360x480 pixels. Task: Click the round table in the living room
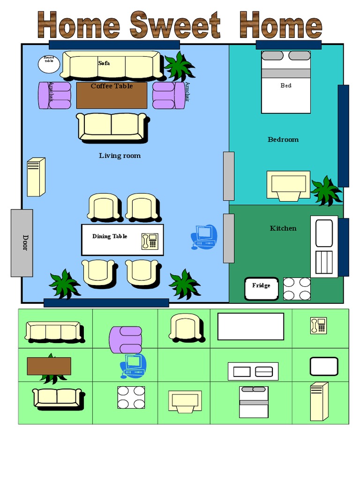[x=49, y=64]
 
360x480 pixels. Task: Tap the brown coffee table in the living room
[x=112, y=95]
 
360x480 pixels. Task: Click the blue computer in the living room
[x=204, y=237]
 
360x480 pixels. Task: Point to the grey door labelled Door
[x=22, y=243]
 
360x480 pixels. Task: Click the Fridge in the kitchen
[x=262, y=289]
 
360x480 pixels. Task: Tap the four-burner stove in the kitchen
[x=297, y=289]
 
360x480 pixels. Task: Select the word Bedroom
[x=283, y=140]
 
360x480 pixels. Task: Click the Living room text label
[x=120, y=156]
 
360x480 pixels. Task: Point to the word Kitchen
[x=283, y=228]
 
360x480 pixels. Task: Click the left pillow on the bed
[x=272, y=55]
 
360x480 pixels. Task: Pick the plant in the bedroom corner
[x=326, y=190]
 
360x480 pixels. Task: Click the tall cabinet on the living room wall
[x=36, y=177]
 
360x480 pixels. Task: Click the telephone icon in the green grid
[x=319, y=326]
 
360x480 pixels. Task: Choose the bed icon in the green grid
[x=254, y=402]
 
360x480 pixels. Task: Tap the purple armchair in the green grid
[x=126, y=340]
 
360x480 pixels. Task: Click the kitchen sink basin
[x=324, y=233]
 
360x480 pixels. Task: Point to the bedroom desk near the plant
[x=288, y=186]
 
